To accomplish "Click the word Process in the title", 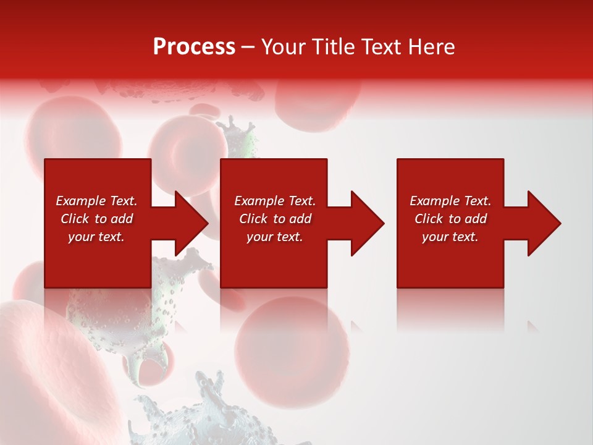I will pyautogui.click(x=194, y=47).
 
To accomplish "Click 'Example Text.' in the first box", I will pyautogui.click(x=97, y=201).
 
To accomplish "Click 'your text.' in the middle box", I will pyautogui.click(x=274, y=237).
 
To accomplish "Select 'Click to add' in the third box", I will pyautogui.click(x=450, y=219).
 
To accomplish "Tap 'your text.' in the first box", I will pyautogui.click(x=96, y=237).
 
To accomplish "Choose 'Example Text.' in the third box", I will pyautogui.click(x=450, y=201).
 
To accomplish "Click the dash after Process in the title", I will pyautogui.click(x=248, y=47).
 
